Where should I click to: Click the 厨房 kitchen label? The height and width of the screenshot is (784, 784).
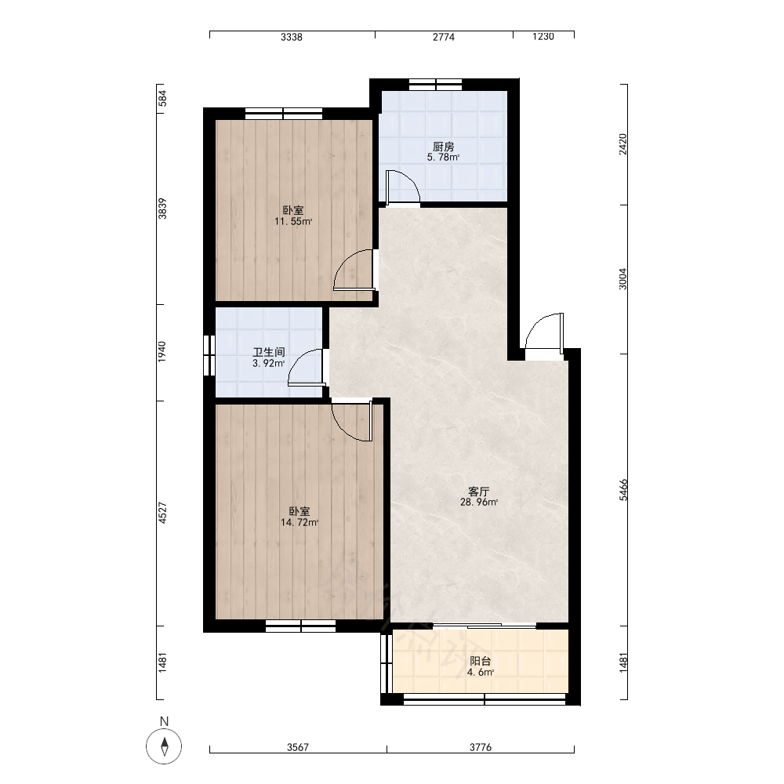[x=444, y=147]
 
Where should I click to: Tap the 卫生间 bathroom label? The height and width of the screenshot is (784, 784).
[x=268, y=352]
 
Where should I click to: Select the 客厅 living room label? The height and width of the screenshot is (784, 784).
[x=478, y=492]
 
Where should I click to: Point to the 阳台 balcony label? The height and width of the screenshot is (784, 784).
[x=480, y=662]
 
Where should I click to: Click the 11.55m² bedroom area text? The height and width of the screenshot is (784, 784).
[x=293, y=222]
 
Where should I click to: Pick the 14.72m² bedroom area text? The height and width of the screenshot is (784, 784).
[x=299, y=522]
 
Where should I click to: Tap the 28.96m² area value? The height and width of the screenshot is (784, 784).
[x=478, y=502]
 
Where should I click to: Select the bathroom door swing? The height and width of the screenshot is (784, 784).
[x=306, y=368]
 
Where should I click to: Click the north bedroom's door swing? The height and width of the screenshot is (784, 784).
[x=354, y=270]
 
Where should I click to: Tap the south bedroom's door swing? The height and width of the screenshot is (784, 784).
[x=353, y=420]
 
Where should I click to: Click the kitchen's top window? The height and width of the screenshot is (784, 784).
[x=435, y=84]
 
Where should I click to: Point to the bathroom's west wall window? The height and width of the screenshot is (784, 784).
[x=209, y=355]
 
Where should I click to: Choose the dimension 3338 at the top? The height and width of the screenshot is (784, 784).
[x=292, y=37]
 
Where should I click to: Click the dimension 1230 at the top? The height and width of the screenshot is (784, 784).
[x=543, y=37]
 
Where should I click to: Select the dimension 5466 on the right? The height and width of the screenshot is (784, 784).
[x=623, y=489]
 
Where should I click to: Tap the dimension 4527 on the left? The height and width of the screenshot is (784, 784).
[x=162, y=513]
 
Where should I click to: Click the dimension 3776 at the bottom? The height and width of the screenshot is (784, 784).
[x=481, y=747]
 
